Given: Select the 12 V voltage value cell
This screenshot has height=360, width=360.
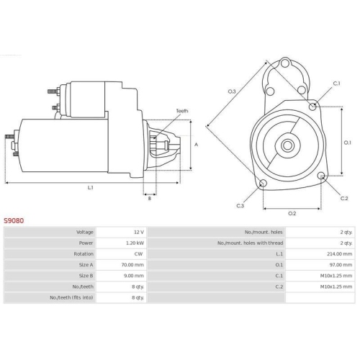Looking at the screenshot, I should [139, 233].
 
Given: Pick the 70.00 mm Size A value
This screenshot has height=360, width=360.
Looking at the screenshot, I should [133, 265].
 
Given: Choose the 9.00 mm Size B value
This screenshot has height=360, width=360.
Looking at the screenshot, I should [134, 276].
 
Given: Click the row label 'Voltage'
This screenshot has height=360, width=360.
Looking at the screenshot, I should [84, 233].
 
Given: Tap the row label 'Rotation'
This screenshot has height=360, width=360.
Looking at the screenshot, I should [83, 254].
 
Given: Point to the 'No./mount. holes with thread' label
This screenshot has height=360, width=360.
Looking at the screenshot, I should [249, 243].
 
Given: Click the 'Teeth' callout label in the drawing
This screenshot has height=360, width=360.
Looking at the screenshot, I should [182, 111].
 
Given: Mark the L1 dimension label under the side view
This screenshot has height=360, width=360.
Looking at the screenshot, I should [91, 187].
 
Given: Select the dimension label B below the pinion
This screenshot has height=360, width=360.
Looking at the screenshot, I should [149, 198].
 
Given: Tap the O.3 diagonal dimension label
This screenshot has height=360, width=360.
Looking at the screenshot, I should [232, 91].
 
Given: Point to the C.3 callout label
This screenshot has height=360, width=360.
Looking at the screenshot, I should [240, 206].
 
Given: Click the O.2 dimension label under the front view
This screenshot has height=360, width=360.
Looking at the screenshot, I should [292, 213].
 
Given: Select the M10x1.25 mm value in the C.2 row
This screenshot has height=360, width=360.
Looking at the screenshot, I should [337, 287].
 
